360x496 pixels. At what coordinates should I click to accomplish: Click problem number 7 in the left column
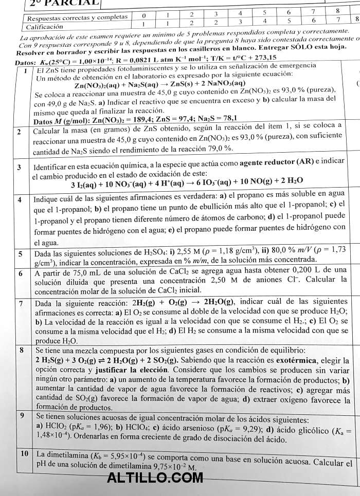coord(20,303)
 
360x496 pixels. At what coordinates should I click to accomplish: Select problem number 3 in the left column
coord(19,168)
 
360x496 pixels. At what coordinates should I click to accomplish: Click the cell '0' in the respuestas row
coord(144,15)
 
